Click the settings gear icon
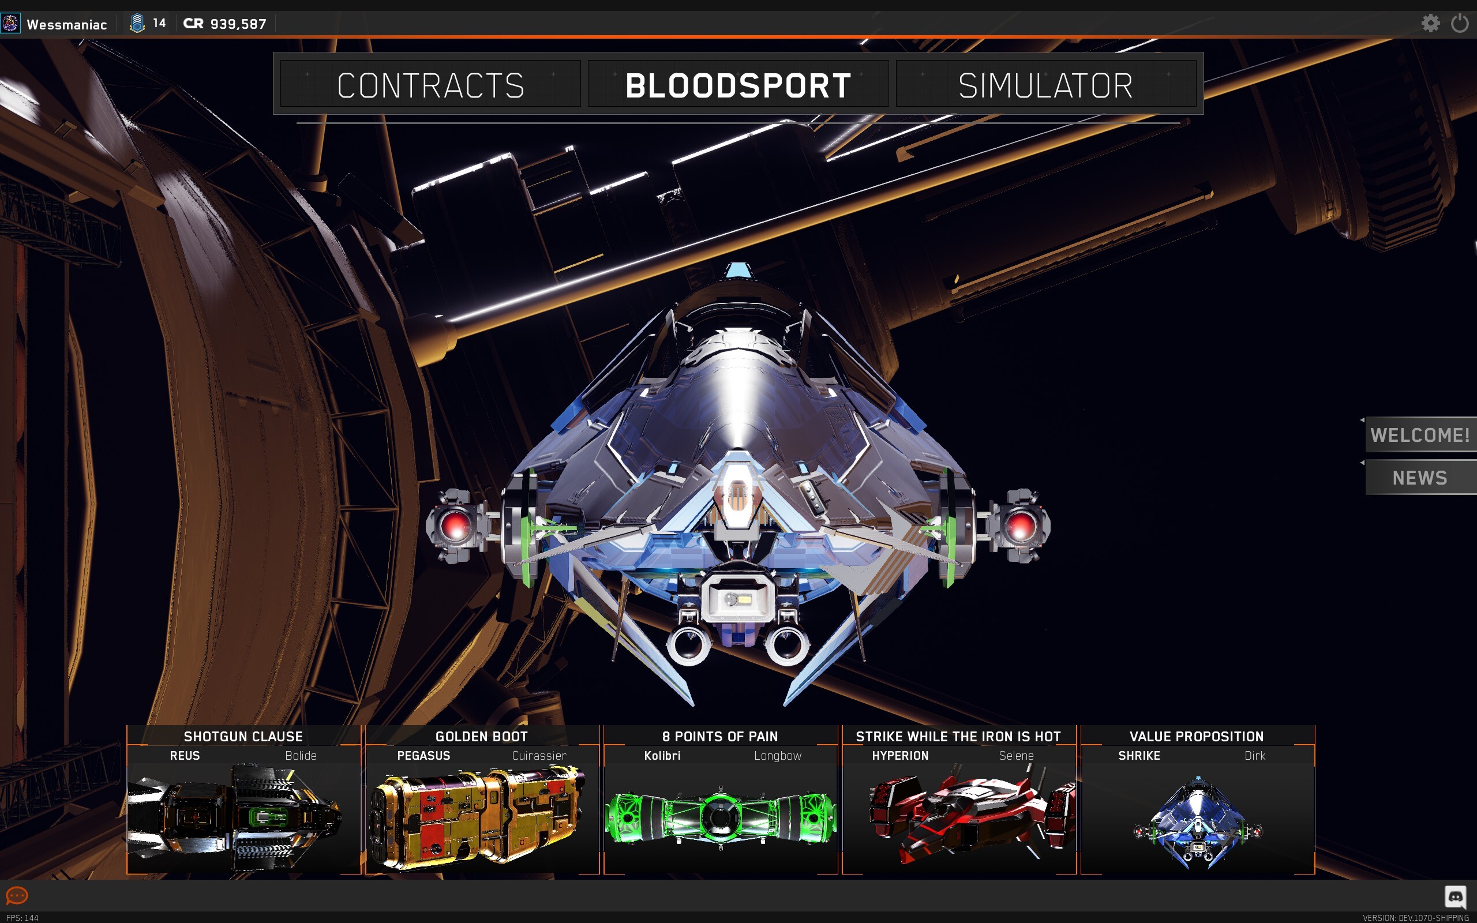pos(1431,23)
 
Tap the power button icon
pos(1460,23)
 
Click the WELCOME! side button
pos(1421,434)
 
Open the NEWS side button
pos(1421,478)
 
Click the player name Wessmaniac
pos(66,24)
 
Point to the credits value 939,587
pos(238,24)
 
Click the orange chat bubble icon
pos(17,895)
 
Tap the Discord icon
pos(1456,896)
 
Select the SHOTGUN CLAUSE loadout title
pos(243,736)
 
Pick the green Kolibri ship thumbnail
pos(720,817)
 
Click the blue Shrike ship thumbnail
pos(1198,822)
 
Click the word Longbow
pos(778,756)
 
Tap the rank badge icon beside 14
pos(137,23)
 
